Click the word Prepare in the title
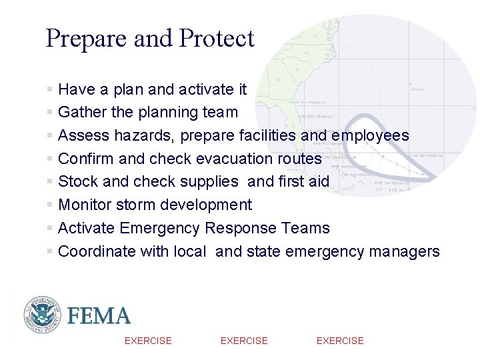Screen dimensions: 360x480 point(87,39)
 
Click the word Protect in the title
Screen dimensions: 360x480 point(217,39)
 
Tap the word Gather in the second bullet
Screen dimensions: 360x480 point(81,112)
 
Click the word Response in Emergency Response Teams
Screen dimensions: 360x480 point(239,228)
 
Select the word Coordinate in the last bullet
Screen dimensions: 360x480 point(97,251)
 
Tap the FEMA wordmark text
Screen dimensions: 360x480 point(99,315)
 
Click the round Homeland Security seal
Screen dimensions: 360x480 point(43,315)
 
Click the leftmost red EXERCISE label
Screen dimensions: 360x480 point(148,341)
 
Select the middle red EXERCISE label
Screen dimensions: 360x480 point(244,341)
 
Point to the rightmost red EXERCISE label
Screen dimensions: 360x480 point(340,341)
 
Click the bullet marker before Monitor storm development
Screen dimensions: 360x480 point(50,205)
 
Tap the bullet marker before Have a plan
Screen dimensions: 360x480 point(50,89)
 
